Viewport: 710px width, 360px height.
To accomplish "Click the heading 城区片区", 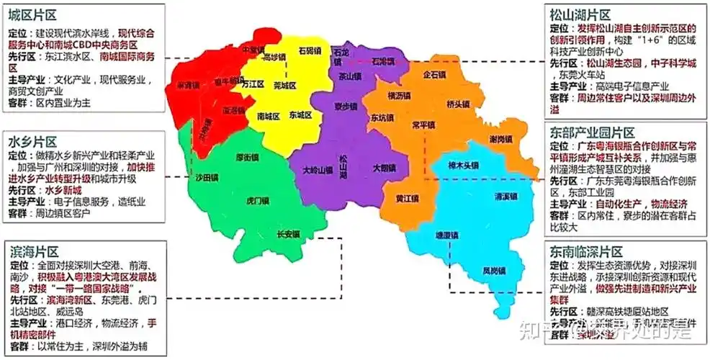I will coord(32,15).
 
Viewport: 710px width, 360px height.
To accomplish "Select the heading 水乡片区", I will coord(32,141).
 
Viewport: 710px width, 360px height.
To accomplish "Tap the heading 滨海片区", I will coord(32,251).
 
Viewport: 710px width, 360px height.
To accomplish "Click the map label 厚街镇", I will coord(247,157).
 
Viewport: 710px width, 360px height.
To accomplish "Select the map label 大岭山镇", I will coord(318,171).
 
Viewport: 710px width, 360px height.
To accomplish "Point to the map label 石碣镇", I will coord(310,51).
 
